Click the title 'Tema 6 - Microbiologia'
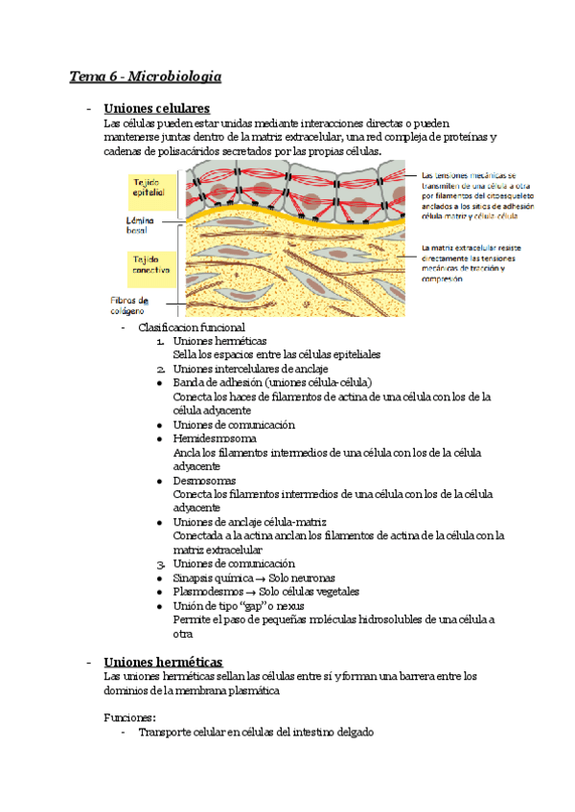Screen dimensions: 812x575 point(146,75)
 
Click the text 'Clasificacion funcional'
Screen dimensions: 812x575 point(192,327)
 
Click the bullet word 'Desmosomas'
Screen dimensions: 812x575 point(204,480)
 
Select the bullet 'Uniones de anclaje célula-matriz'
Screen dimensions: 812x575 point(250,522)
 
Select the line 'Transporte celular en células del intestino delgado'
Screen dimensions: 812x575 point(256,733)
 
